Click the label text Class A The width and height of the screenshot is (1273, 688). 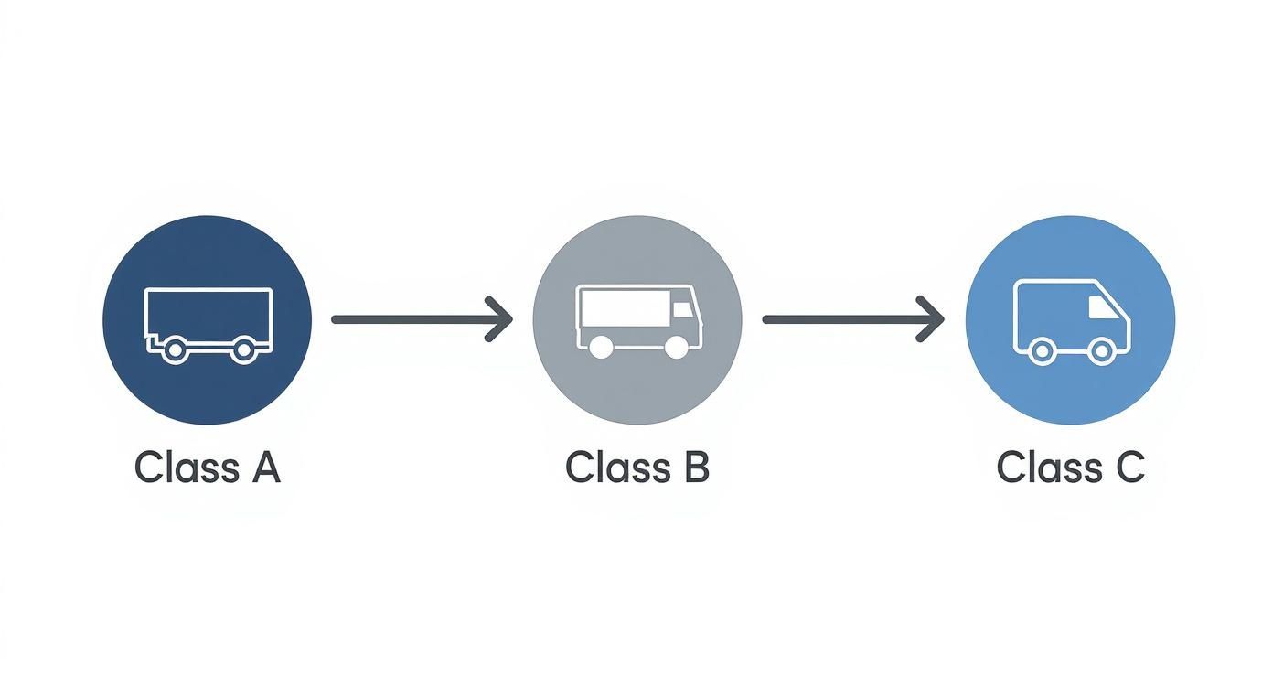(207, 468)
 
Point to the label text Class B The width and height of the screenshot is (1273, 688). (636, 468)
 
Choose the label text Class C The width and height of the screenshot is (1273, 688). (1070, 468)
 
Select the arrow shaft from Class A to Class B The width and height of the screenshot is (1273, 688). (412, 319)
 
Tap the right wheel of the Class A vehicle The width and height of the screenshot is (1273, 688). (242, 349)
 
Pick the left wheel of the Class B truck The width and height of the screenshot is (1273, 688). (601, 347)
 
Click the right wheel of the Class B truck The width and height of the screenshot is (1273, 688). (676, 347)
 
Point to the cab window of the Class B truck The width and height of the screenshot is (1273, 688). (682, 310)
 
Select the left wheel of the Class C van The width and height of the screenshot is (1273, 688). (1040, 350)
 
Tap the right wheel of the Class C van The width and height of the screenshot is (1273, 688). (1101, 350)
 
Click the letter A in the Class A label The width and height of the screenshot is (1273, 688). (263, 468)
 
